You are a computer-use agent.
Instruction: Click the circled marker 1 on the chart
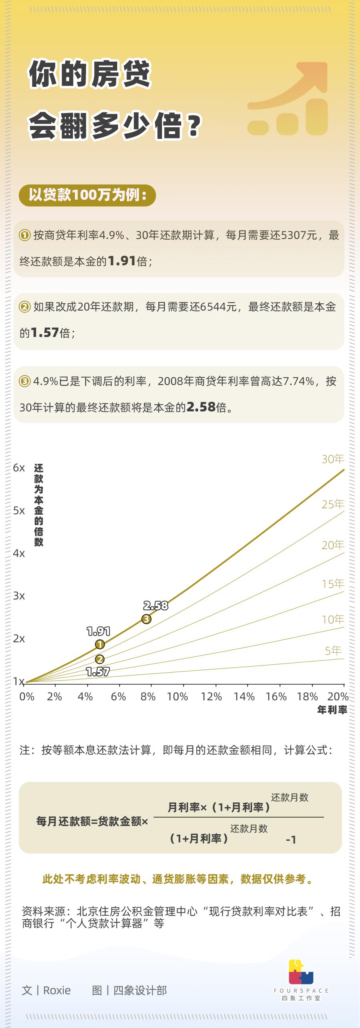100,644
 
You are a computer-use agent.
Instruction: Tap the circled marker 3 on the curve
146,619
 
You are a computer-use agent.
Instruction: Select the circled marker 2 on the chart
100,659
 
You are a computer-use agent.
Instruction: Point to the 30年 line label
333,459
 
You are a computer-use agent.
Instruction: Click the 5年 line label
333,651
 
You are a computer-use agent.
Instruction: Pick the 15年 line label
333,584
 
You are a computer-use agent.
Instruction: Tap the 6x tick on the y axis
19,468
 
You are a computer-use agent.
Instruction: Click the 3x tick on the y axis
19,596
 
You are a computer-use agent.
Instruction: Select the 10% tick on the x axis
177,697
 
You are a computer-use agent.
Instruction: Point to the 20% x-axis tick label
338,697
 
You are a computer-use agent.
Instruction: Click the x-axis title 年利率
332,710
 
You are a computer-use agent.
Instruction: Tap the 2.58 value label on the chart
156,606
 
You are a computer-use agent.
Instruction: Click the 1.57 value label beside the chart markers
98,672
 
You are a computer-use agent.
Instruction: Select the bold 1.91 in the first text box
122,261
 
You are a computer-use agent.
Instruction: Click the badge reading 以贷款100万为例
87,195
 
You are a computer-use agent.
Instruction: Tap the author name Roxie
57,991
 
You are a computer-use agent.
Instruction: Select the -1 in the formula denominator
291,840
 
